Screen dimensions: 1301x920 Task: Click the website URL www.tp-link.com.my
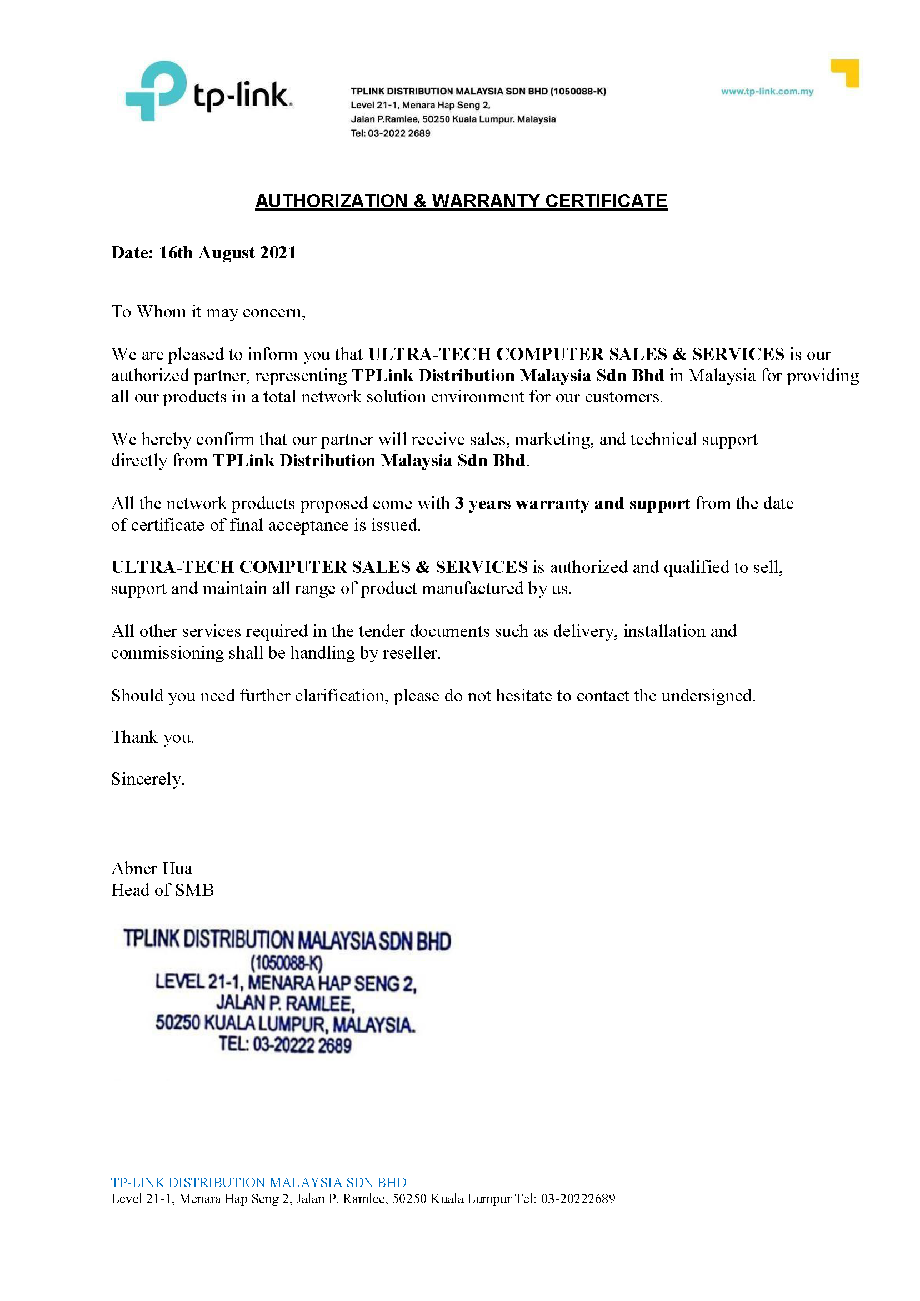coord(767,92)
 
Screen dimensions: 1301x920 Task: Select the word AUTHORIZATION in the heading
coord(331,201)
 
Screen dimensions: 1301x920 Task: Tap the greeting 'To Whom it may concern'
coord(208,312)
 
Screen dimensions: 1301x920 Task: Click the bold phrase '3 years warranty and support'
coord(572,503)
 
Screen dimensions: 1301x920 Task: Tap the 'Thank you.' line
coord(152,737)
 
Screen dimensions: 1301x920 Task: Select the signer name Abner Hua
coord(152,869)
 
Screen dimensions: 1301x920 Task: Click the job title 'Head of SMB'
coord(163,890)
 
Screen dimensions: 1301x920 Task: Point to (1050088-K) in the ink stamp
coord(286,963)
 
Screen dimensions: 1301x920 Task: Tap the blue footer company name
coord(259,1183)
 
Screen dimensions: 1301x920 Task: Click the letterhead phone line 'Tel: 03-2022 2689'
coord(391,134)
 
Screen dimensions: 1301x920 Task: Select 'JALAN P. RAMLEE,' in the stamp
coord(286,1004)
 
